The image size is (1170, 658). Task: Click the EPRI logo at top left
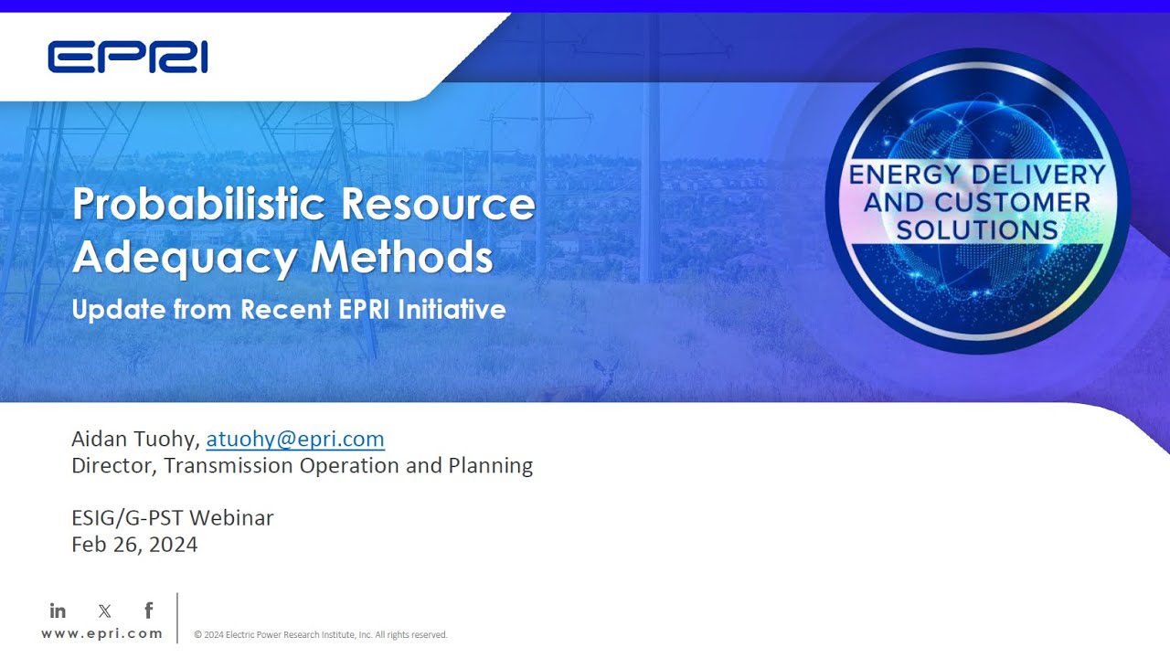coord(127,57)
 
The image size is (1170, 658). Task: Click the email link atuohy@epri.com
coord(295,439)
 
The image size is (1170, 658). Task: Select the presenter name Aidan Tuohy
coord(133,439)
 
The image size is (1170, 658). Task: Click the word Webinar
coord(233,518)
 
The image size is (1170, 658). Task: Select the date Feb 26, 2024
coord(134,545)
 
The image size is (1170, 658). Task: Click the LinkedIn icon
coord(58,610)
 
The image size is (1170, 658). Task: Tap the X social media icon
coord(104,610)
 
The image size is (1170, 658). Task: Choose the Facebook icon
coord(149,610)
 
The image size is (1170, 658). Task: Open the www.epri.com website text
coord(102,633)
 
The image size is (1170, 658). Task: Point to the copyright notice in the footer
coord(320,634)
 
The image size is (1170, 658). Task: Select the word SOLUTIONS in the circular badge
coord(977,229)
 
